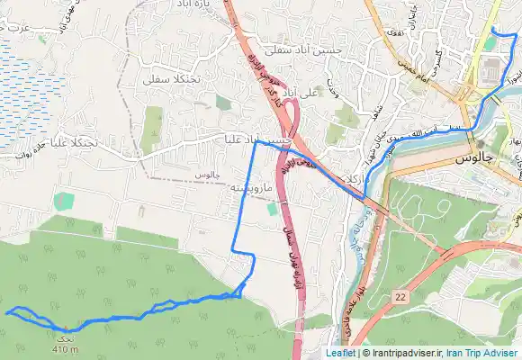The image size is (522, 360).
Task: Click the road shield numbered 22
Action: [400, 295]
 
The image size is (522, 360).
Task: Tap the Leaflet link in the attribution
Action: [339, 353]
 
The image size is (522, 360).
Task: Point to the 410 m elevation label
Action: [66, 349]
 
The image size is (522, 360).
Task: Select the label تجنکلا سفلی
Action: [166, 79]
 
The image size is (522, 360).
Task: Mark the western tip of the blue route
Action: [7, 312]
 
